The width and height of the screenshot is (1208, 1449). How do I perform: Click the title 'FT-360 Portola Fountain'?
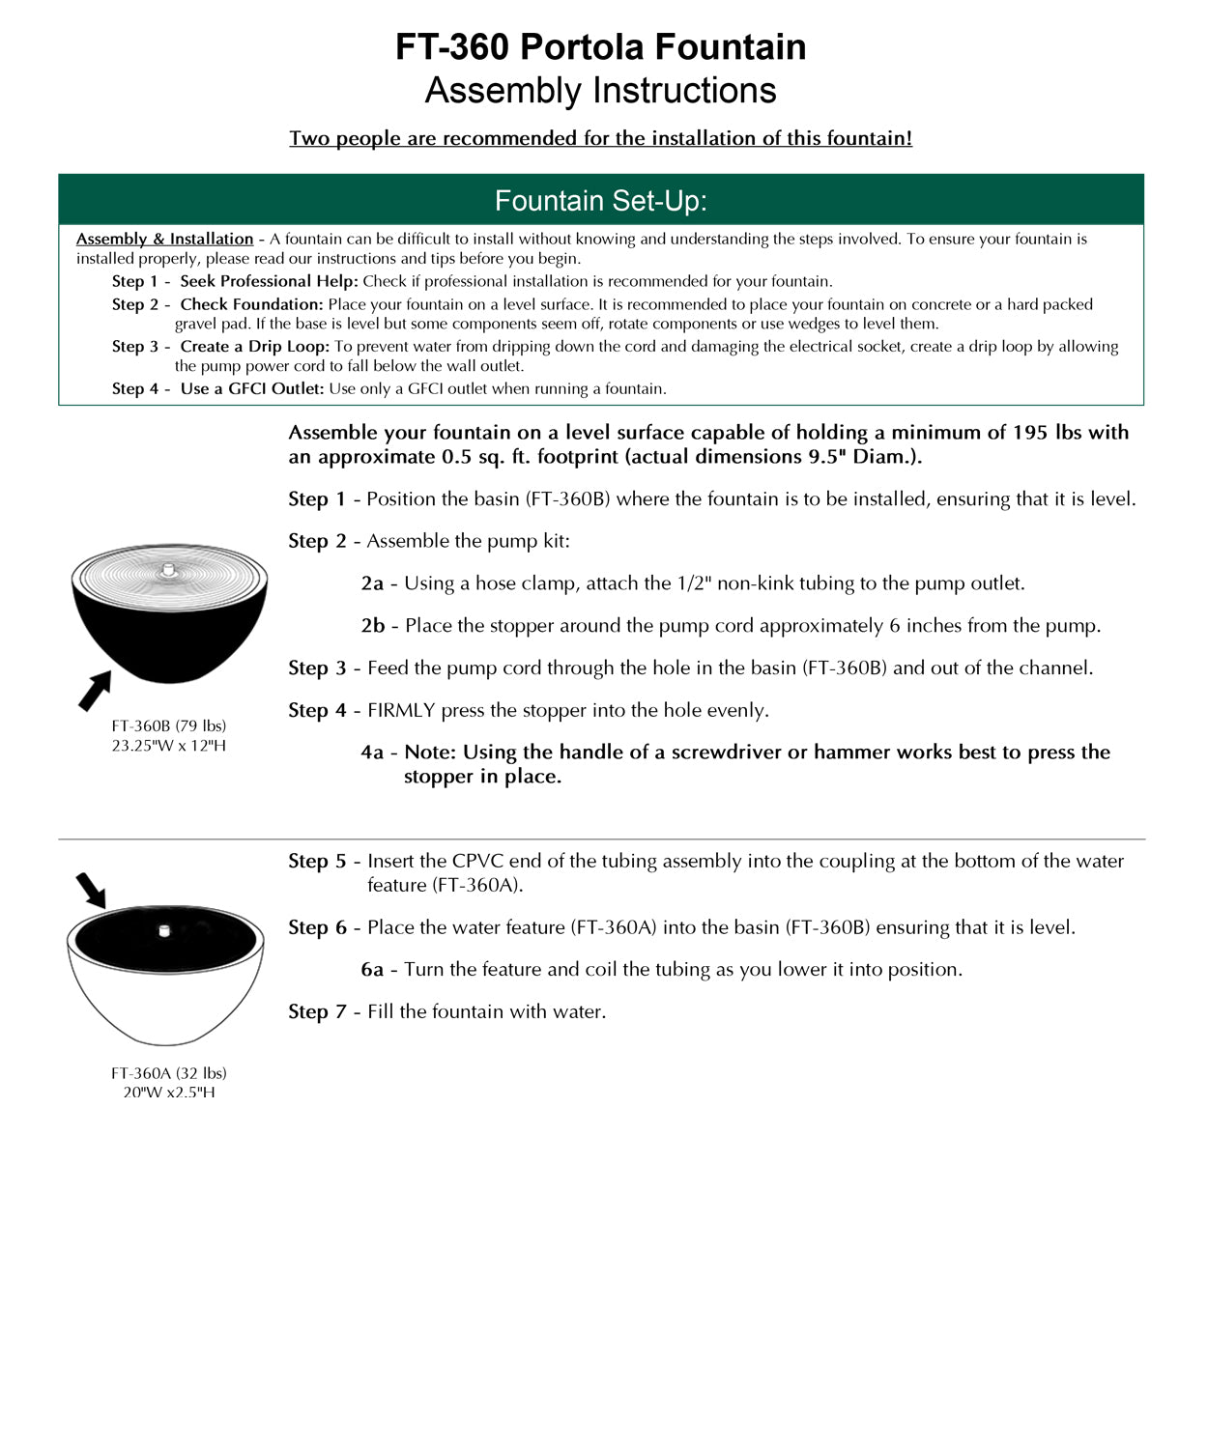coord(600,46)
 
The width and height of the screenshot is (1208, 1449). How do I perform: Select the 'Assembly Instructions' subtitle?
coord(600,91)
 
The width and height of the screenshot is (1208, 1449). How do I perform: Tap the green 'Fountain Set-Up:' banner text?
coord(600,201)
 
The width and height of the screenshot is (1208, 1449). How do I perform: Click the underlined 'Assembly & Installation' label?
coord(164,239)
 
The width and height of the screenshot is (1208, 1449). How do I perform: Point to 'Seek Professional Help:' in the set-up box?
coord(269,281)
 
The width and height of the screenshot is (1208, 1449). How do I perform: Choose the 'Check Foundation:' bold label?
coord(251,304)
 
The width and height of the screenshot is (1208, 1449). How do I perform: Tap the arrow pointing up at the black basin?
coord(94,691)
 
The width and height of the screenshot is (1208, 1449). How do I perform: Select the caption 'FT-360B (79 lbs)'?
coord(169,725)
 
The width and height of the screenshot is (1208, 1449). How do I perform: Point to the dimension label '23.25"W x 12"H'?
coord(169,746)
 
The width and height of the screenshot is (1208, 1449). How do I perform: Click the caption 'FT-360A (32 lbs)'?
coord(169,1072)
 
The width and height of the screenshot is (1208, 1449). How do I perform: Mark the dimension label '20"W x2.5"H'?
coord(169,1093)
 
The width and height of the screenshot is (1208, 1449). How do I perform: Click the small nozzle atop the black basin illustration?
coord(169,570)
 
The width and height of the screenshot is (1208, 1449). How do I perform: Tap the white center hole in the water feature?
coord(164,931)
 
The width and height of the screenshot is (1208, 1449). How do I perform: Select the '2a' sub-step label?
coord(372,583)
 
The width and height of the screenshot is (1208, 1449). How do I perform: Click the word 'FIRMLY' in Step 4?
coord(401,710)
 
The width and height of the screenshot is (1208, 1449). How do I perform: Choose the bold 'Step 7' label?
coord(317,1011)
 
